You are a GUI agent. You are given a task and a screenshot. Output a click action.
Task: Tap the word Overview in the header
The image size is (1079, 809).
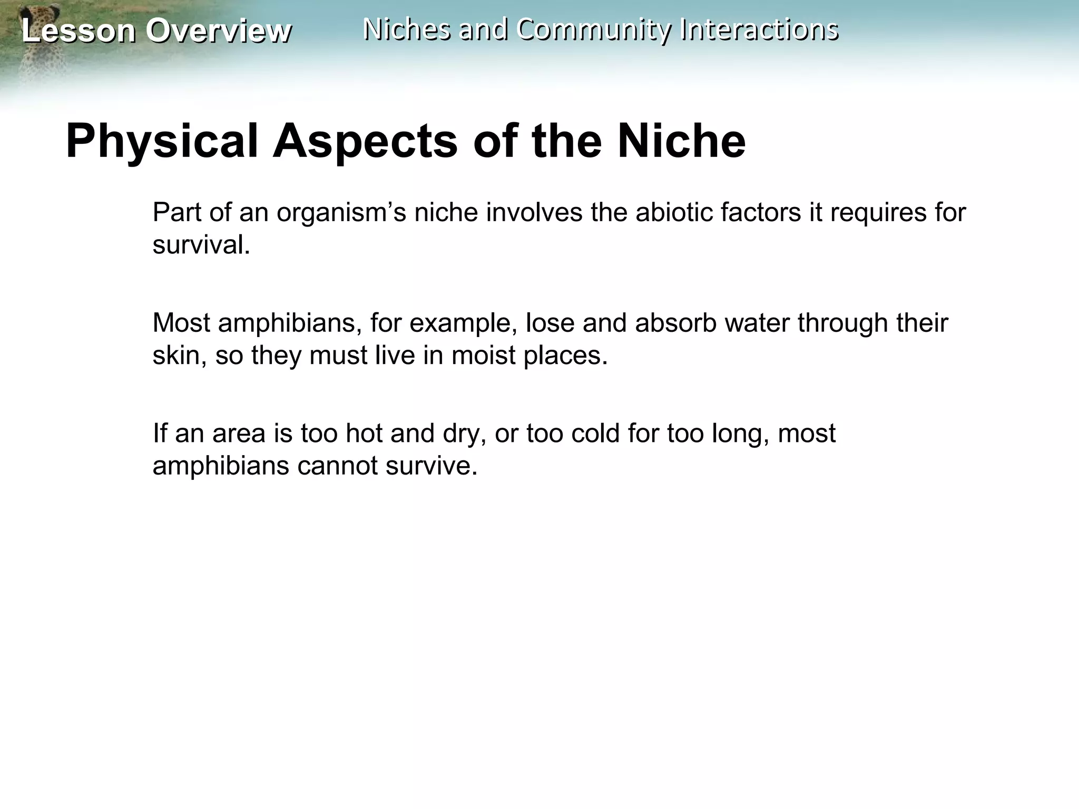click(218, 31)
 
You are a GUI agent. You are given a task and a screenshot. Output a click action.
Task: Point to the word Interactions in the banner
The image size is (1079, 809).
click(759, 29)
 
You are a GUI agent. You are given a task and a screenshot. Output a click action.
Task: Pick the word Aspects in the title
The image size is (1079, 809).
click(365, 141)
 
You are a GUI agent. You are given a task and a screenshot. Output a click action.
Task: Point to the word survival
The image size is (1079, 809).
click(201, 245)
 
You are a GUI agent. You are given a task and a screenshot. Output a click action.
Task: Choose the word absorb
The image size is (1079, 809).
click(675, 323)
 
